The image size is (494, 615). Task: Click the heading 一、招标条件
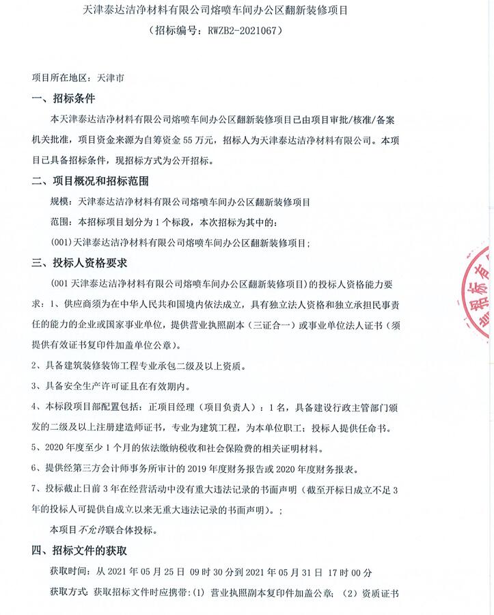point(64,98)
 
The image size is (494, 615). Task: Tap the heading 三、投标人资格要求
point(79,263)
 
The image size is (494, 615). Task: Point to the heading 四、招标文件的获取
point(79,550)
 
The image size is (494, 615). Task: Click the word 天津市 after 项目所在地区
point(111,78)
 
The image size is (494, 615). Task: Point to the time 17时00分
point(349,571)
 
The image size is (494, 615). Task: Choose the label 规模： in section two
point(65,202)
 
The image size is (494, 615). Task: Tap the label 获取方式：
point(70,592)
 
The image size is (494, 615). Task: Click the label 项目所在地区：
point(65,78)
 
